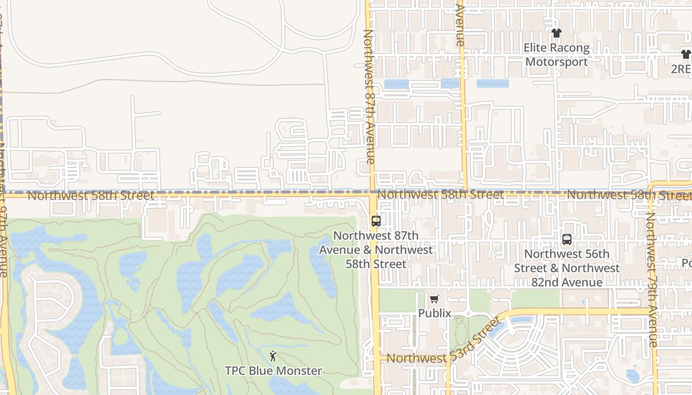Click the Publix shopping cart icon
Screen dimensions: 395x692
click(x=434, y=299)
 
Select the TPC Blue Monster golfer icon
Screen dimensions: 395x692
click(x=273, y=355)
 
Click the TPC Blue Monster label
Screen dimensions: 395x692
click(x=273, y=370)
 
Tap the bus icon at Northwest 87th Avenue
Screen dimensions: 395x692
click(x=376, y=221)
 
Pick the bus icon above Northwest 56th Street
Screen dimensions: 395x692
click(x=567, y=239)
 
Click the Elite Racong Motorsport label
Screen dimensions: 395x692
click(x=557, y=55)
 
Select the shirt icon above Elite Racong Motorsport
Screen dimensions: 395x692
click(x=557, y=33)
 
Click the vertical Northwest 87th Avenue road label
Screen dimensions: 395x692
click(x=369, y=96)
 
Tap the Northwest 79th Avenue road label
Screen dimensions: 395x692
click(x=652, y=279)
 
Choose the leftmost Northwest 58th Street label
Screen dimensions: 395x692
click(x=91, y=196)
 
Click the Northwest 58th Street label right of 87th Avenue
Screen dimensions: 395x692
click(x=440, y=195)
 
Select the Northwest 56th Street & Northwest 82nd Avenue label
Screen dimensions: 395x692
click(x=567, y=268)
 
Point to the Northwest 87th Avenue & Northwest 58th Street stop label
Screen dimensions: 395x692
click(x=376, y=249)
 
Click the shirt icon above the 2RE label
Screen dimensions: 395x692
click(x=686, y=54)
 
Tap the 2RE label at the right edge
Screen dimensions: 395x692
click(x=681, y=69)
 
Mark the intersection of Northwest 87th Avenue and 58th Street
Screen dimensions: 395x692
click(x=372, y=195)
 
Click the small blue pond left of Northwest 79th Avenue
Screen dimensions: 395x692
click(x=633, y=376)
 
